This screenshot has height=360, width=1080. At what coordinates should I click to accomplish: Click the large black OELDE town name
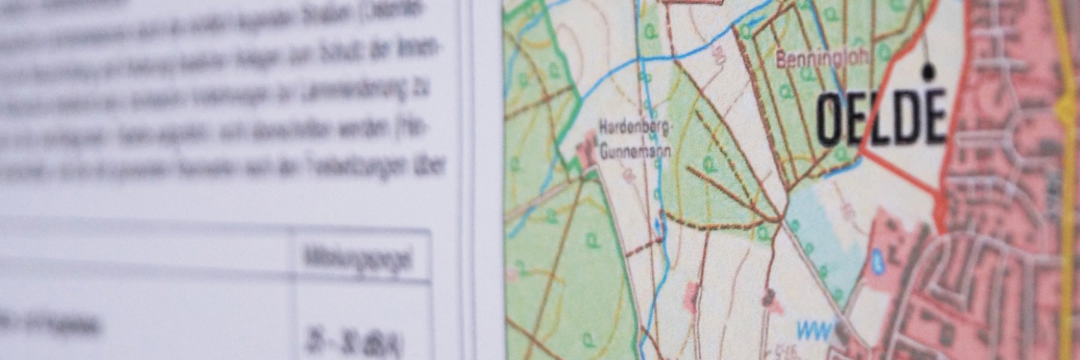[x=880, y=118]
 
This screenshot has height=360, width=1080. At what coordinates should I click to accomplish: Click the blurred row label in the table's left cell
[x=54, y=324]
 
